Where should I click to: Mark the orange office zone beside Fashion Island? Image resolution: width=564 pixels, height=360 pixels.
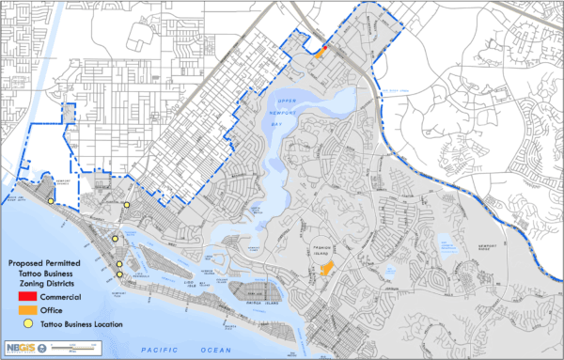click(x=327, y=269)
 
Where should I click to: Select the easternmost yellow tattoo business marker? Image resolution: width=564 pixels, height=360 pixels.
click(x=126, y=204)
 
